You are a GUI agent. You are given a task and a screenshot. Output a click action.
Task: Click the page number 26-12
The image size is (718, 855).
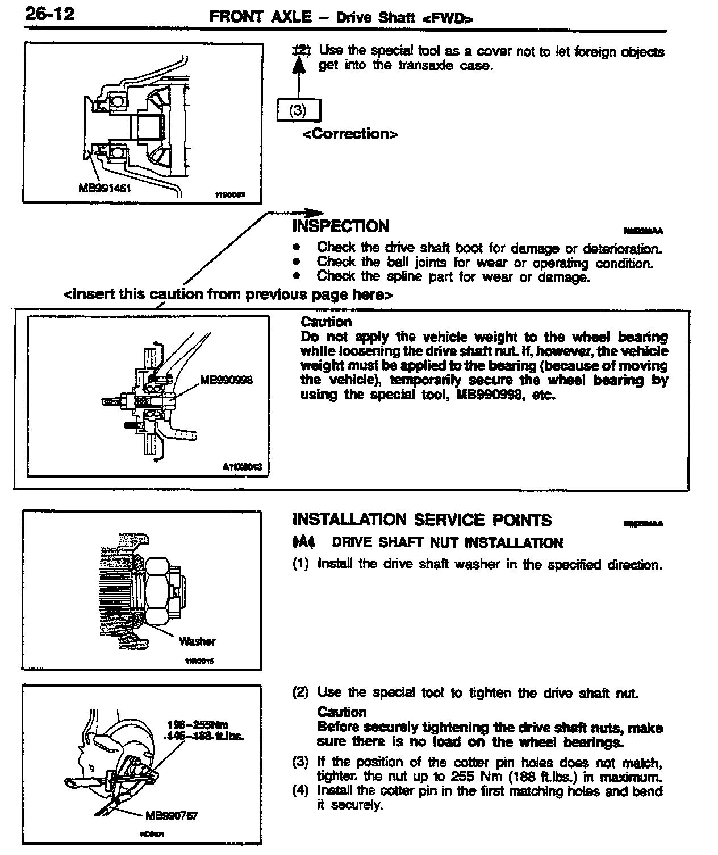click(50, 14)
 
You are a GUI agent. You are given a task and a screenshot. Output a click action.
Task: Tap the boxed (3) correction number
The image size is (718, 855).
click(298, 110)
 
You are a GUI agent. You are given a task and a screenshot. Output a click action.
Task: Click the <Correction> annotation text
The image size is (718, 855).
click(350, 134)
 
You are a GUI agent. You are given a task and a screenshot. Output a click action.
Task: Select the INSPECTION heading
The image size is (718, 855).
click(341, 226)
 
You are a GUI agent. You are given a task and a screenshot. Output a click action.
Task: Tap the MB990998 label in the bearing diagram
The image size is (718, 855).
click(227, 379)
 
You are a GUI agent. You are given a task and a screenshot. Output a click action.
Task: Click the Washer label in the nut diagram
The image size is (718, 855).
click(197, 641)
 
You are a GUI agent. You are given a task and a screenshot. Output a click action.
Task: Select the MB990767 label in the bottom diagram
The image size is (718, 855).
click(172, 816)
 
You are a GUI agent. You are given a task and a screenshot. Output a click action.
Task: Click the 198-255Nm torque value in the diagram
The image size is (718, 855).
click(198, 725)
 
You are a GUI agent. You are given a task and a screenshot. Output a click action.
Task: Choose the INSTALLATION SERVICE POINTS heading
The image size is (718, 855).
click(421, 520)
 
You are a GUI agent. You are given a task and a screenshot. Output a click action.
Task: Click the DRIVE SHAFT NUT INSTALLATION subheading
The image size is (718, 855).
click(447, 543)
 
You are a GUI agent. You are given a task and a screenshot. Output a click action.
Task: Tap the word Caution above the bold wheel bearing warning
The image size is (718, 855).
click(326, 322)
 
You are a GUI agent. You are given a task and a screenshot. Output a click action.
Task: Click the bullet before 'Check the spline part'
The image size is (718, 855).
click(296, 276)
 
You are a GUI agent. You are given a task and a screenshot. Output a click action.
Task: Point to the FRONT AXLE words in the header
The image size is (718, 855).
click(260, 17)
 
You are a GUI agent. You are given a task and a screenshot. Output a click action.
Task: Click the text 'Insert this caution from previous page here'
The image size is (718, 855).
click(228, 294)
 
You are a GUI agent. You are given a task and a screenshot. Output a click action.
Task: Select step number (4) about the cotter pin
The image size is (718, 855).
click(300, 791)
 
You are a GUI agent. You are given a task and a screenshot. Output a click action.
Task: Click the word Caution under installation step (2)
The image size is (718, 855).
click(342, 712)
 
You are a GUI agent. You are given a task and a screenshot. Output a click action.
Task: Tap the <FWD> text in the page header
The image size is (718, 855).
click(447, 18)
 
